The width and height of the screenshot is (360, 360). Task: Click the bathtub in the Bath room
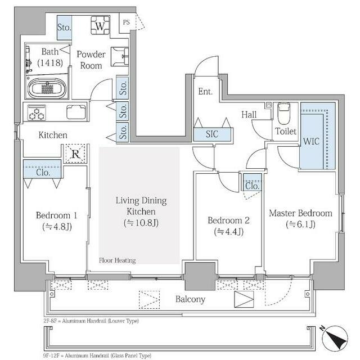(x=47, y=88)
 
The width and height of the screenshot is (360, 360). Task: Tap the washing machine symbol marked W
(x=100, y=25)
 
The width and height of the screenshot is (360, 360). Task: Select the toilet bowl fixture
(x=284, y=114)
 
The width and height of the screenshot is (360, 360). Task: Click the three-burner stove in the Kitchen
(x=37, y=112)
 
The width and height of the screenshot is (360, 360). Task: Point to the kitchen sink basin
(x=76, y=112)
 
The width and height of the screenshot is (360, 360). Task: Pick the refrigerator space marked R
(x=75, y=154)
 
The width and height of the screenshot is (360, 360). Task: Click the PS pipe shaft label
(x=126, y=22)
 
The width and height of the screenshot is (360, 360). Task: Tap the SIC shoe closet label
(x=212, y=134)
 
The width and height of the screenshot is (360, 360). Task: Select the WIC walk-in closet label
(x=311, y=141)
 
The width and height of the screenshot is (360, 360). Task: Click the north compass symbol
(x=335, y=338)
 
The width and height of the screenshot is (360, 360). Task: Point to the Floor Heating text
(x=118, y=260)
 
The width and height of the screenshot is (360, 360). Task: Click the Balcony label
(x=190, y=299)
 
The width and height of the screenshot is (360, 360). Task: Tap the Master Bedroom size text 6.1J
(x=300, y=224)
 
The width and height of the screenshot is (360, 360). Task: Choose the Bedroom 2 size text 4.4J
(x=229, y=231)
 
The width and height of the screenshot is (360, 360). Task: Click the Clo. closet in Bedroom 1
(x=43, y=169)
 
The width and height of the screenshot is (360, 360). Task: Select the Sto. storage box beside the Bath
(x=64, y=28)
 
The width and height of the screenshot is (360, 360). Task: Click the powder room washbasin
(x=119, y=57)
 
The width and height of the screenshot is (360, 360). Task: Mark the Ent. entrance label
(x=205, y=91)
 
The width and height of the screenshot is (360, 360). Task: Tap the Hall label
(x=249, y=114)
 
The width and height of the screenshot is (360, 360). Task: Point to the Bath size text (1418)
(x=50, y=62)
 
